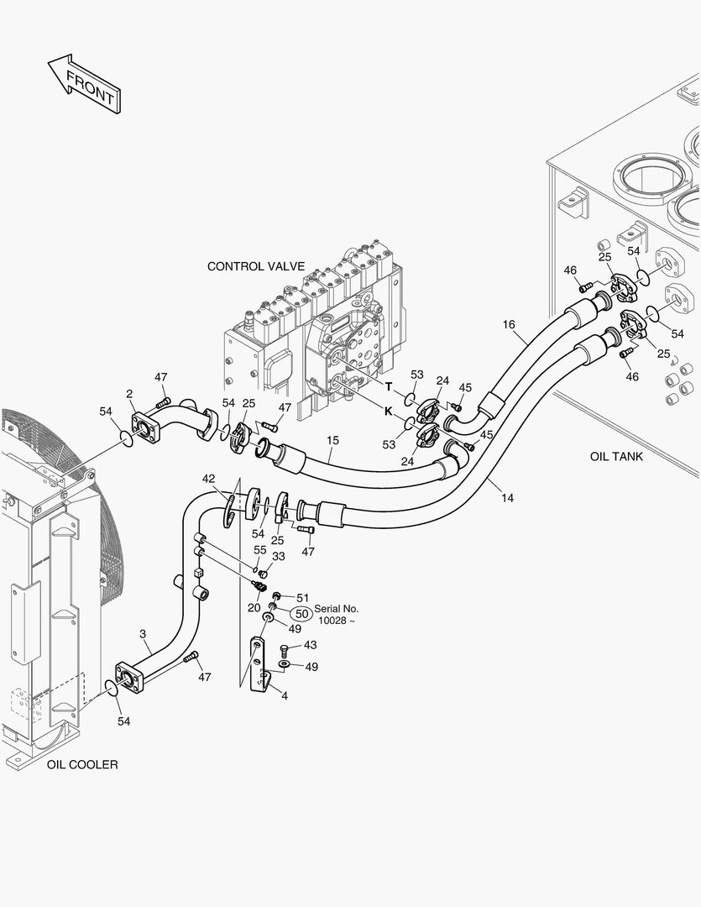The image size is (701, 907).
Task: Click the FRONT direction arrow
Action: point(85,83)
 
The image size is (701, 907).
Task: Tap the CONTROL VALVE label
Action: point(256,266)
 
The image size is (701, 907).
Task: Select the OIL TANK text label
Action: point(616,456)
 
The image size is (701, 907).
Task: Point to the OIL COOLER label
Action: point(82,764)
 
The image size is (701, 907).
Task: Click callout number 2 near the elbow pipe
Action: point(129,394)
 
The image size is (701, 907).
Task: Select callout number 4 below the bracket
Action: point(285,695)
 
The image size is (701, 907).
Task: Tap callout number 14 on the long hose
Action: point(507,498)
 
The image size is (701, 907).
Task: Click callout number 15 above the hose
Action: point(333,439)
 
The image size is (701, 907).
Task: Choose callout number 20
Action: point(254,607)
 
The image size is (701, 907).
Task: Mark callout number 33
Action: point(278,556)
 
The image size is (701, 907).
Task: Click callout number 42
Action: point(209,479)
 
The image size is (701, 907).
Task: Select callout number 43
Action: point(310,645)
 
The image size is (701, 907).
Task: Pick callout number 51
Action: point(302,598)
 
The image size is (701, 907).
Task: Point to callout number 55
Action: point(260,549)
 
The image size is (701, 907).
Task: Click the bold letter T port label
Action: point(389,386)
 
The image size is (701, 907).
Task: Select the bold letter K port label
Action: point(389,412)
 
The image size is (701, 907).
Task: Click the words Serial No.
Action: point(337,608)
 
